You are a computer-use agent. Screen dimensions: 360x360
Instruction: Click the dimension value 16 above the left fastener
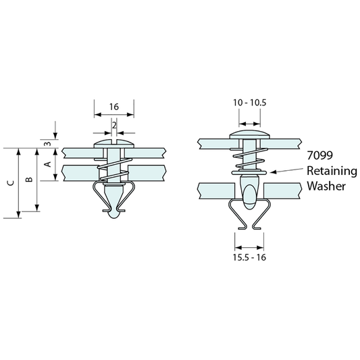pyautogui.click(x=114, y=107)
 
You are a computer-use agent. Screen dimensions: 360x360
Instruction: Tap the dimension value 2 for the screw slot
pyautogui.click(x=114, y=126)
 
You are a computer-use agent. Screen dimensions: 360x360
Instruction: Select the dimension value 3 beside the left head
pyautogui.click(x=47, y=143)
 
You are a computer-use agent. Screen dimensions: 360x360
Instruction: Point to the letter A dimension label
pyautogui.click(x=47, y=164)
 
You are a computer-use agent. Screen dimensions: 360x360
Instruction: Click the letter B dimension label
pyautogui.click(x=28, y=179)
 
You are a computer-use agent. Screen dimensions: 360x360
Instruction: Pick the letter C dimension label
pyautogui.click(x=11, y=183)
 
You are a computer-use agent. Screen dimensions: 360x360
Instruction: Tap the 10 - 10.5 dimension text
pyautogui.click(x=249, y=103)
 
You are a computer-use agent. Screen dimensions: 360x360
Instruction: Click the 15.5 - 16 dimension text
pyautogui.click(x=249, y=257)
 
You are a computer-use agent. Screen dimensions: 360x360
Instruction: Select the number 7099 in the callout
pyautogui.click(x=320, y=155)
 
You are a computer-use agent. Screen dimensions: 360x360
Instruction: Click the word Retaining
pyautogui.click(x=332, y=172)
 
